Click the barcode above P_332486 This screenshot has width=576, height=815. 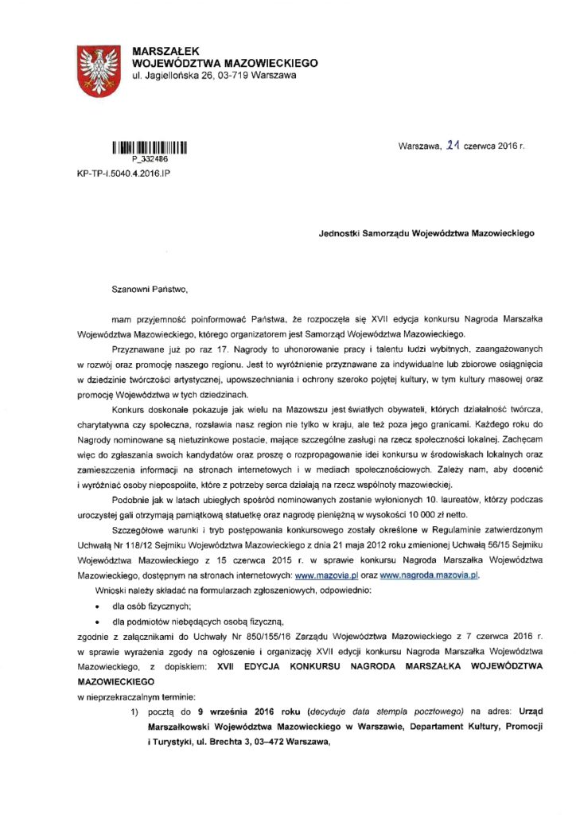pyautogui.click(x=149, y=147)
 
